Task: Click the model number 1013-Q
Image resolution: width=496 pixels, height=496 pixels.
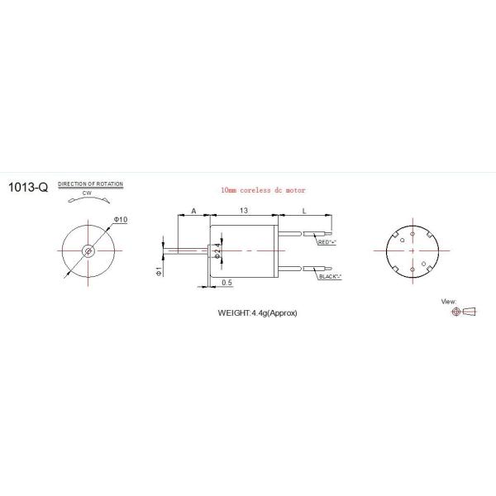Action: click(27, 188)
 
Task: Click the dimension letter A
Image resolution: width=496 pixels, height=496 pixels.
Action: click(193, 212)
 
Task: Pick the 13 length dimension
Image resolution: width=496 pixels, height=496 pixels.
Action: click(244, 212)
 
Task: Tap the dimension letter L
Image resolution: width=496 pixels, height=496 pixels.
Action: click(305, 212)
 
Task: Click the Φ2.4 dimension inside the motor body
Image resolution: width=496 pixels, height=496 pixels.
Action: click(217, 250)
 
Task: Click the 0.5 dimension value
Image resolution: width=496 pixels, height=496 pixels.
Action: click(227, 284)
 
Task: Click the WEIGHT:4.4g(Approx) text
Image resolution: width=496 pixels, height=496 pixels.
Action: click(257, 313)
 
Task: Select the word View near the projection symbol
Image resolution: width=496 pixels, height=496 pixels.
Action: click(450, 302)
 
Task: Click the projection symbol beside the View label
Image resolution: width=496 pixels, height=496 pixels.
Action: click(463, 312)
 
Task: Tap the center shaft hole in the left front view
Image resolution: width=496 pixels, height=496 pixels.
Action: click(88, 250)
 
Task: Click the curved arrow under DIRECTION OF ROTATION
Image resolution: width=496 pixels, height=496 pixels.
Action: click(88, 200)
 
